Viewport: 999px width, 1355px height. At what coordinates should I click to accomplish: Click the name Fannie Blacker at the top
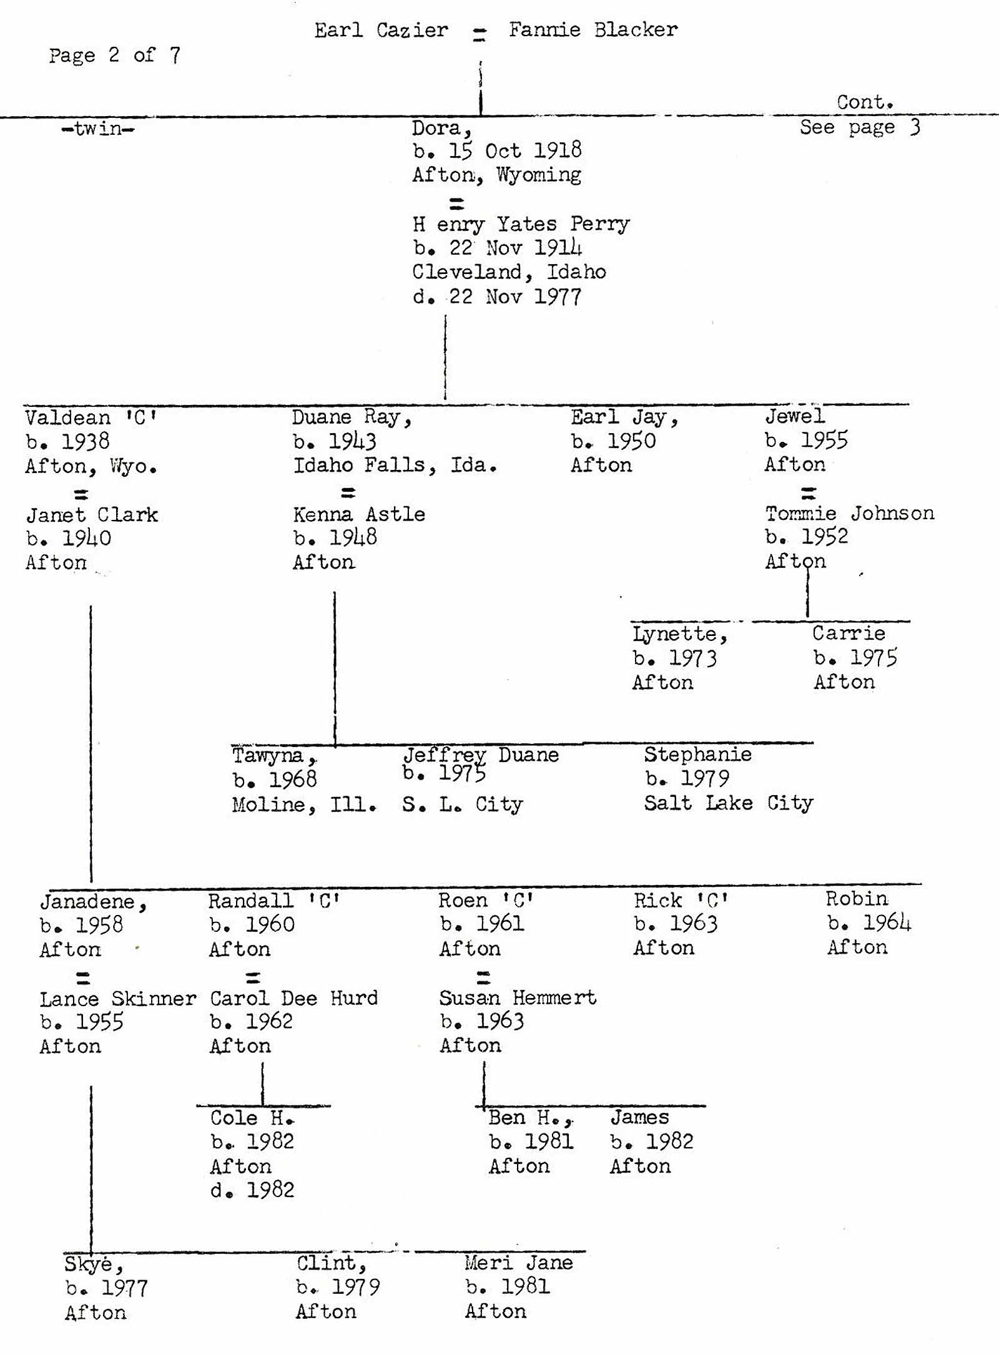pyautogui.click(x=593, y=30)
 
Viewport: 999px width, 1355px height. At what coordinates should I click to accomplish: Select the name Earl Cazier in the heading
pyautogui.click(x=381, y=31)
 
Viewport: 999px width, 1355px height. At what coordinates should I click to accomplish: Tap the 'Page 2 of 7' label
pyautogui.click(x=114, y=56)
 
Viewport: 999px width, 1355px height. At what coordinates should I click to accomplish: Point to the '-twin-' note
pyautogui.click(x=98, y=129)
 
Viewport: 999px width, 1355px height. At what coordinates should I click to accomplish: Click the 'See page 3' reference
pyautogui.click(x=859, y=127)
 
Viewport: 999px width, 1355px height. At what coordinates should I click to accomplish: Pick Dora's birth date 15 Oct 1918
pyautogui.click(x=497, y=151)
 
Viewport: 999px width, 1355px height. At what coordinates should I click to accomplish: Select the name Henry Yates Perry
pyautogui.click(x=521, y=224)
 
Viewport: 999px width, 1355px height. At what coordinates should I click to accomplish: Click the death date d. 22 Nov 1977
pyautogui.click(x=497, y=296)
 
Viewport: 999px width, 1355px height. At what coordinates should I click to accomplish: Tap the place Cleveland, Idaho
pyautogui.click(x=509, y=272)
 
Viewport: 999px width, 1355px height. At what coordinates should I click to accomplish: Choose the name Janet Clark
pyautogui.click(x=92, y=515)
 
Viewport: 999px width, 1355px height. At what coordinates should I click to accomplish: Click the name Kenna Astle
pyautogui.click(x=359, y=514)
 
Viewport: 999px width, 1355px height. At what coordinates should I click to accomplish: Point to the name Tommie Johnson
pyautogui.click(x=849, y=513)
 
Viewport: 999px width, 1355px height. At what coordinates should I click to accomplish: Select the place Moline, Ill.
pyautogui.click(x=304, y=805)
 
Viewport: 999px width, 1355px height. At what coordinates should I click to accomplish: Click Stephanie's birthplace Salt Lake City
pyautogui.click(x=728, y=803)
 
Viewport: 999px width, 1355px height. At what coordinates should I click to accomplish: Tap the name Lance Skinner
pyautogui.click(x=117, y=999)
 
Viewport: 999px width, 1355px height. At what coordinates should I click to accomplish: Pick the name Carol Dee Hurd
pyautogui.click(x=293, y=998)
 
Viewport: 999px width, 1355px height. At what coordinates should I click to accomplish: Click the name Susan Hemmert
pyautogui.click(x=517, y=997)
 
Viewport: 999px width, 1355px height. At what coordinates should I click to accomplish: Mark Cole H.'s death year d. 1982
pyautogui.click(x=252, y=1190)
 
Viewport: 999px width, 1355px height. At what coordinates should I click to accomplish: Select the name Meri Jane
pyautogui.click(x=518, y=1263)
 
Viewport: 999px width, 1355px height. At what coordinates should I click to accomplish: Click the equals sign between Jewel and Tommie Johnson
pyautogui.click(x=809, y=494)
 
